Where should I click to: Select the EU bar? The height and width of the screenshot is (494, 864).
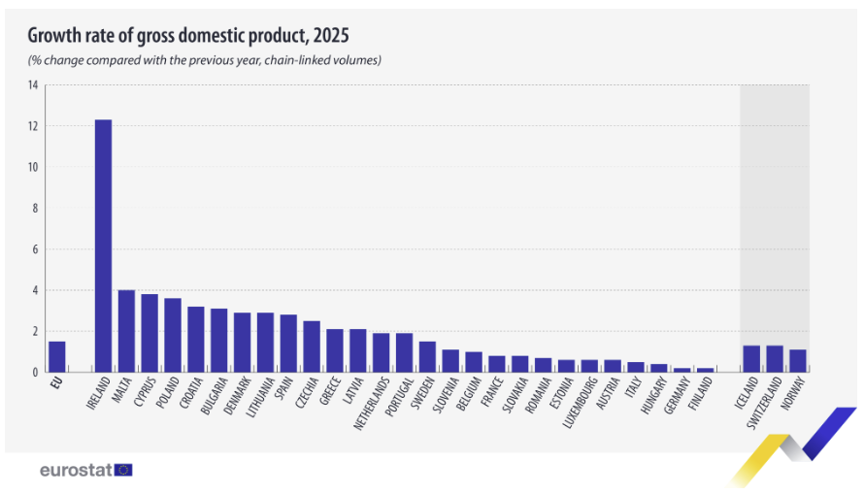click(x=57, y=356)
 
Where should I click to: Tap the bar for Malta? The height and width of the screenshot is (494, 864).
click(x=126, y=331)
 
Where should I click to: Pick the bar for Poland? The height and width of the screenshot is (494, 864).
click(x=173, y=335)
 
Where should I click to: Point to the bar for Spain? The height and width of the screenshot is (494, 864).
click(x=288, y=344)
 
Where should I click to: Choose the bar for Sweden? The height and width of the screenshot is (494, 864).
click(x=427, y=356)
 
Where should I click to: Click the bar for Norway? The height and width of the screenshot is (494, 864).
click(x=797, y=361)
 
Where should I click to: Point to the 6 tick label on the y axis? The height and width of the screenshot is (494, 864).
click(x=34, y=249)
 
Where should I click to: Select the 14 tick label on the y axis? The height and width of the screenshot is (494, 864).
click(x=33, y=85)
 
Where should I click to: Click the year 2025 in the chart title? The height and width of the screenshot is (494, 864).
click(x=327, y=36)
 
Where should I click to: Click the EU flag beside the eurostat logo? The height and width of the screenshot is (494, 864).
click(x=123, y=470)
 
